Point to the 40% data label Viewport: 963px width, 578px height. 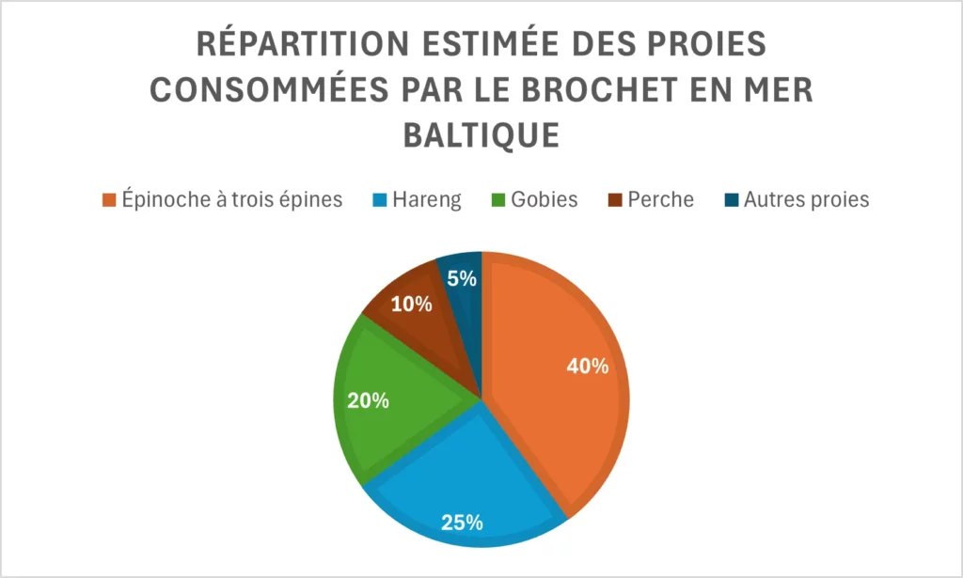588,367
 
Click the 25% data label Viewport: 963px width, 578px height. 463,522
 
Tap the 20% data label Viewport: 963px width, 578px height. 369,400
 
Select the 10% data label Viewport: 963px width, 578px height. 412,305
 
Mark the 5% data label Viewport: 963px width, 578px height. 463,279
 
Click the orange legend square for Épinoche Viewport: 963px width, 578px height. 109,200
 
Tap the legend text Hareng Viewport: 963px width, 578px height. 429,200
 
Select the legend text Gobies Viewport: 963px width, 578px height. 545,200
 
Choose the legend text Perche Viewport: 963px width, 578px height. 662,200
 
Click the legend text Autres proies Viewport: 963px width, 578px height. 806,200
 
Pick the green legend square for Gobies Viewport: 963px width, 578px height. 500,200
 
